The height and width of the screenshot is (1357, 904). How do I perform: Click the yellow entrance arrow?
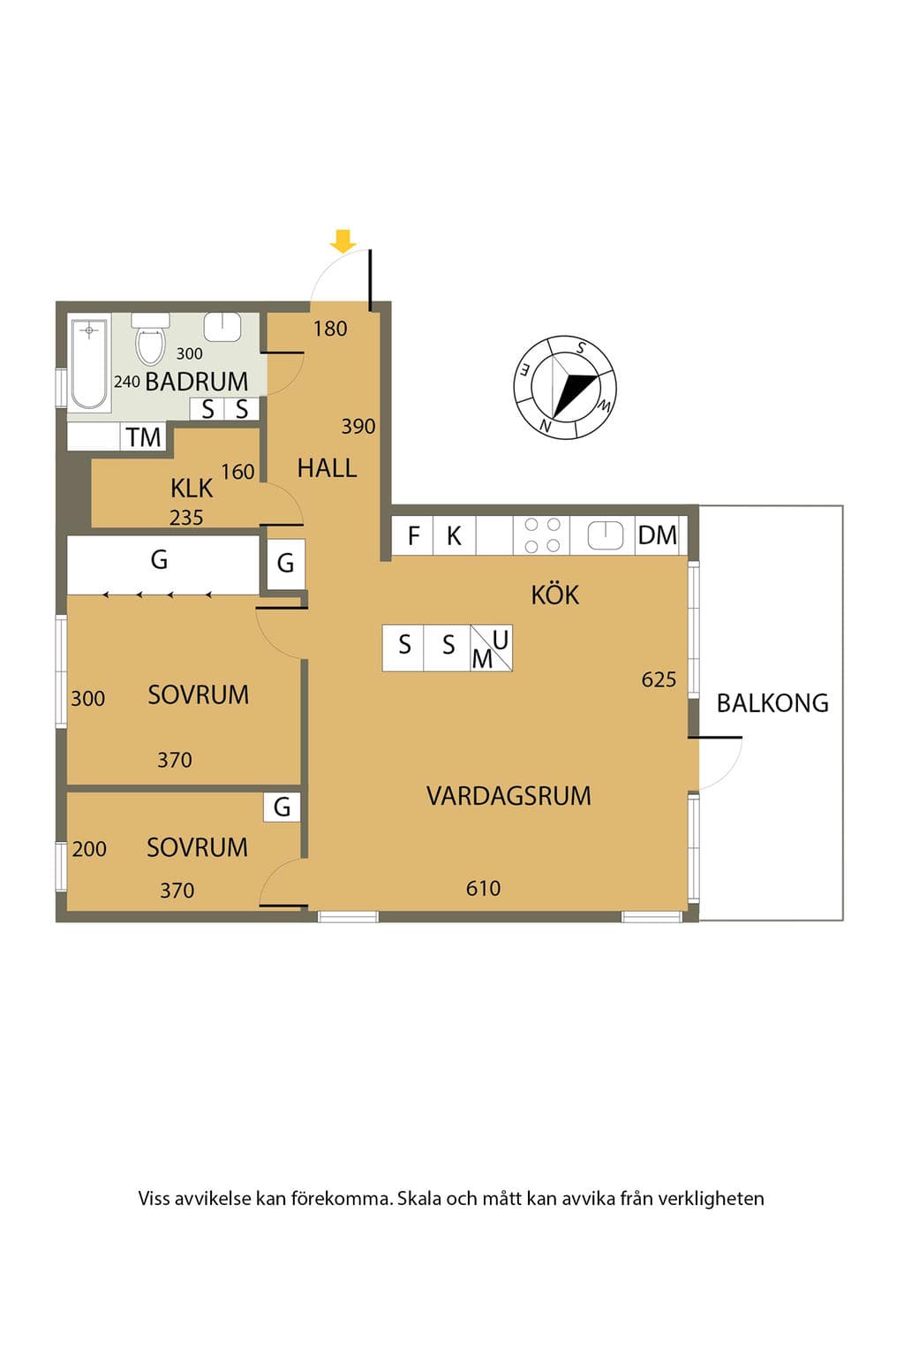[343, 240]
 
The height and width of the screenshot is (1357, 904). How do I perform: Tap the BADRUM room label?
[197, 382]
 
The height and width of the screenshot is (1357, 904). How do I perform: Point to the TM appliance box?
[144, 436]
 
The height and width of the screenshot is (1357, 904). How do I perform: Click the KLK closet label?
[192, 489]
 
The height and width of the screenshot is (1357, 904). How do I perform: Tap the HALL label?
[327, 468]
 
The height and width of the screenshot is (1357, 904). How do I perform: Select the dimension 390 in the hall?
[358, 427]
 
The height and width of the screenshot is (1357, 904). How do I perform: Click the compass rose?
[566, 387]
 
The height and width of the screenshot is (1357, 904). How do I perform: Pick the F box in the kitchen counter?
[413, 535]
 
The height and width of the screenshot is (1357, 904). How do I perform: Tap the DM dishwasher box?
[658, 535]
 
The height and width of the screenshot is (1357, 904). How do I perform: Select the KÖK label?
[555, 595]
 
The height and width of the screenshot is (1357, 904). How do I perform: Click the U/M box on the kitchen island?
[492, 648]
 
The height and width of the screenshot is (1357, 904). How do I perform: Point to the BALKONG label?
[772, 703]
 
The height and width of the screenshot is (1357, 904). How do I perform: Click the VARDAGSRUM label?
[508, 796]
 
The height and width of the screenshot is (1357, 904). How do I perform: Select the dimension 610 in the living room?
[483, 889]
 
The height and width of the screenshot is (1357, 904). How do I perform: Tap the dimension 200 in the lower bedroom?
[89, 849]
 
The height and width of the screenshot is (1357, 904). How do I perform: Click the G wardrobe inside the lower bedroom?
[282, 807]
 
